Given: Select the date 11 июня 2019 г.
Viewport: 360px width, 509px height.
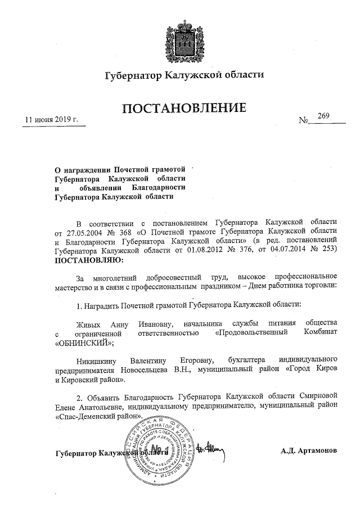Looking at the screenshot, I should point(51,120).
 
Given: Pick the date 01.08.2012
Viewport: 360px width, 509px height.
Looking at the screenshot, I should point(205,251).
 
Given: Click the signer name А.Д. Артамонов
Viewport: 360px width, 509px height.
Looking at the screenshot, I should point(309,451).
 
